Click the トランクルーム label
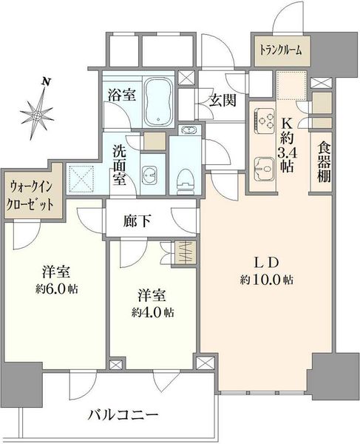(281, 50)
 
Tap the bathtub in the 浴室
(158, 101)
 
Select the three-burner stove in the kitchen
(265, 119)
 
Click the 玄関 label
(223, 100)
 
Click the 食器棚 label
(324, 163)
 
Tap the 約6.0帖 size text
(57, 289)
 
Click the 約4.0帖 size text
(152, 312)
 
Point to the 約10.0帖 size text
(267, 280)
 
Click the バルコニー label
(123, 415)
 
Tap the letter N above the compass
(46, 82)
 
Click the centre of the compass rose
(36, 115)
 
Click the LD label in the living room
(267, 263)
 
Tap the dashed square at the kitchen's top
(292, 86)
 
